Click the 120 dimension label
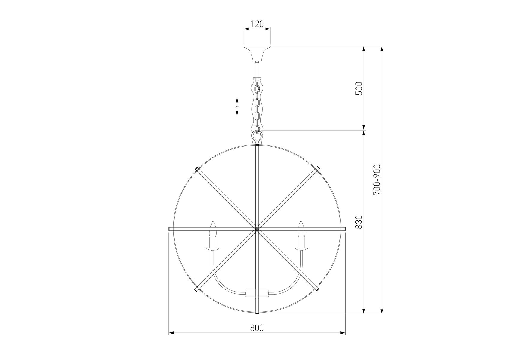coord(257,24)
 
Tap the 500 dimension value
coord(359,88)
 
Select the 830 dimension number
coord(359,222)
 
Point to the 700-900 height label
coord(377,180)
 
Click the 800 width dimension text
coord(257,328)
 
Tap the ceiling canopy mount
coord(257,53)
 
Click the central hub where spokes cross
coord(257,229)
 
